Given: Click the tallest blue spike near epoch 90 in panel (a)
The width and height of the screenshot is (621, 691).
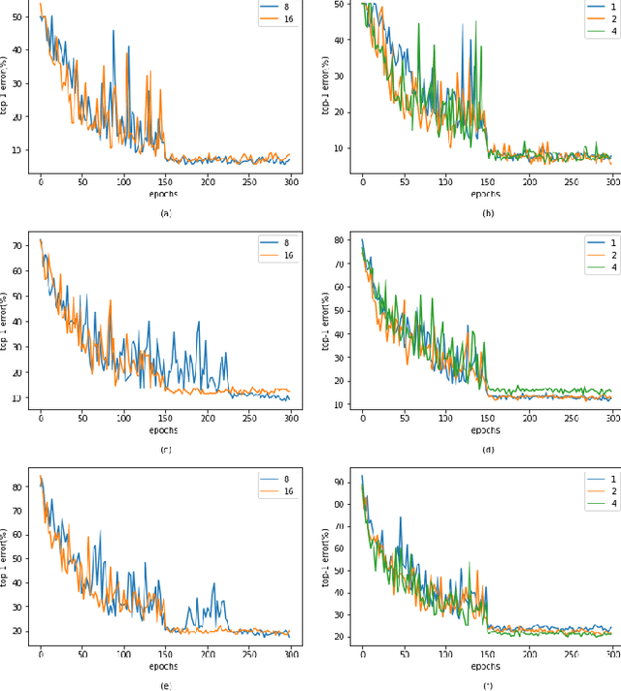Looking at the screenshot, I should coord(114,31).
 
